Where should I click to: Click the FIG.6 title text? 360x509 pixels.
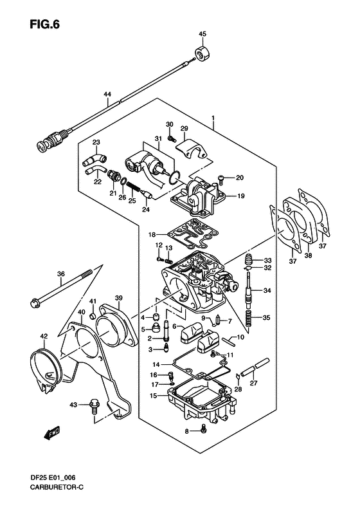pyautogui.click(x=45, y=24)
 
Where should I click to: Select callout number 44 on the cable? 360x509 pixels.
pyautogui.click(x=107, y=94)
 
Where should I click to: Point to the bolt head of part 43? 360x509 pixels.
pyautogui.click(x=94, y=405)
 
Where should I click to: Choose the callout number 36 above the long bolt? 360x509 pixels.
pyautogui.click(x=61, y=273)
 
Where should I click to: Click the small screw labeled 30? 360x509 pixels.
pyautogui.click(x=172, y=138)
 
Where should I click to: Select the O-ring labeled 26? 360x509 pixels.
pyautogui.click(x=123, y=181)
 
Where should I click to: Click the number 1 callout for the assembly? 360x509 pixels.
pyautogui.click(x=213, y=118)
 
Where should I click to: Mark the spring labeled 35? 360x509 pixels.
pyautogui.click(x=249, y=319)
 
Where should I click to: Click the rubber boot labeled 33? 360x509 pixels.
pyautogui.click(x=249, y=260)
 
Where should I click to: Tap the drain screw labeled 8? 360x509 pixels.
pyautogui.click(x=204, y=429)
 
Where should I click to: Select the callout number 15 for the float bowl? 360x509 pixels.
pyautogui.click(x=153, y=396)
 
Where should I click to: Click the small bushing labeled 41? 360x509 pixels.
pyautogui.click(x=93, y=316)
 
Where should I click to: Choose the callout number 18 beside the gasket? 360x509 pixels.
pyautogui.click(x=152, y=234)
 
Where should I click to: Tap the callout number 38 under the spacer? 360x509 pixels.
pyautogui.click(x=308, y=255)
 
